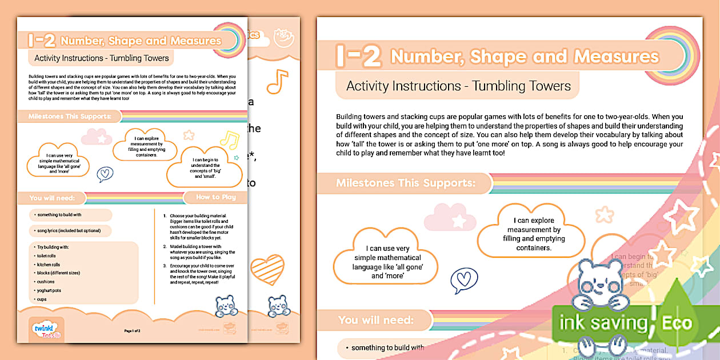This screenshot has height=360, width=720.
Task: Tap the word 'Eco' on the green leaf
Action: [x=677, y=323]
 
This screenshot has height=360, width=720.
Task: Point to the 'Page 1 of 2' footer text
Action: [x=132, y=331]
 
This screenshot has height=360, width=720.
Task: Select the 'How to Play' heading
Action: [x=215, y=197]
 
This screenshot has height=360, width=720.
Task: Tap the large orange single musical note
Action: [x=277, y=81]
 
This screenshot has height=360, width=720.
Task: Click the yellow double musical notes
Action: [x=230, y=139]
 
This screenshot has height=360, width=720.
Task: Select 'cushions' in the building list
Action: [x=46, y=282]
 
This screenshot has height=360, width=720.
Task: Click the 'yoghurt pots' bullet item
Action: [x=49, y=290]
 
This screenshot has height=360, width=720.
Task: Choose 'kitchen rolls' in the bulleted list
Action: [x=49, y=265]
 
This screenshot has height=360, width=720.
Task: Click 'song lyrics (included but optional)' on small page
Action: [x=69, y=231]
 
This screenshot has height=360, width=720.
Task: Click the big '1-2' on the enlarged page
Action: [x=358, y=56]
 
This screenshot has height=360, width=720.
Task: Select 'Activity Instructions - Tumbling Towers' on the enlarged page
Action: [x=458, y=86]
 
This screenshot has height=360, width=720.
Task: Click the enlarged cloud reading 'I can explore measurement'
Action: [x=531, y=234]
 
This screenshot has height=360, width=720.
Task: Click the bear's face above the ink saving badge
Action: [x=599, y=279]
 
